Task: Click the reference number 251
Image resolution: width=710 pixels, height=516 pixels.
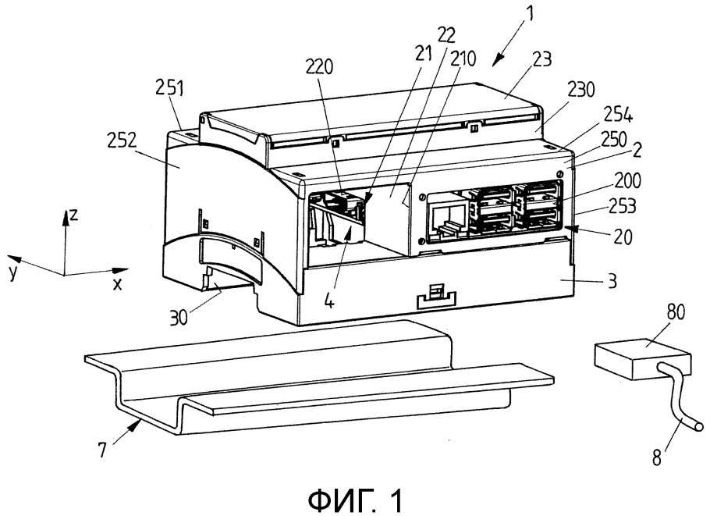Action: coord(169,88)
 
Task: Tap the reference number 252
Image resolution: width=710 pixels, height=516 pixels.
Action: coord(122,142)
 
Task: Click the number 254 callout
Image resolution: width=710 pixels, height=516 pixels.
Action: coord(617,117)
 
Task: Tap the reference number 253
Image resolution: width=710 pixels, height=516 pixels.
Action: coord(621,207)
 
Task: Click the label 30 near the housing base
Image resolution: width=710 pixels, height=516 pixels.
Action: coord(179,317)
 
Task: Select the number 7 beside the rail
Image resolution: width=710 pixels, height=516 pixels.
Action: coord(103,450)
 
